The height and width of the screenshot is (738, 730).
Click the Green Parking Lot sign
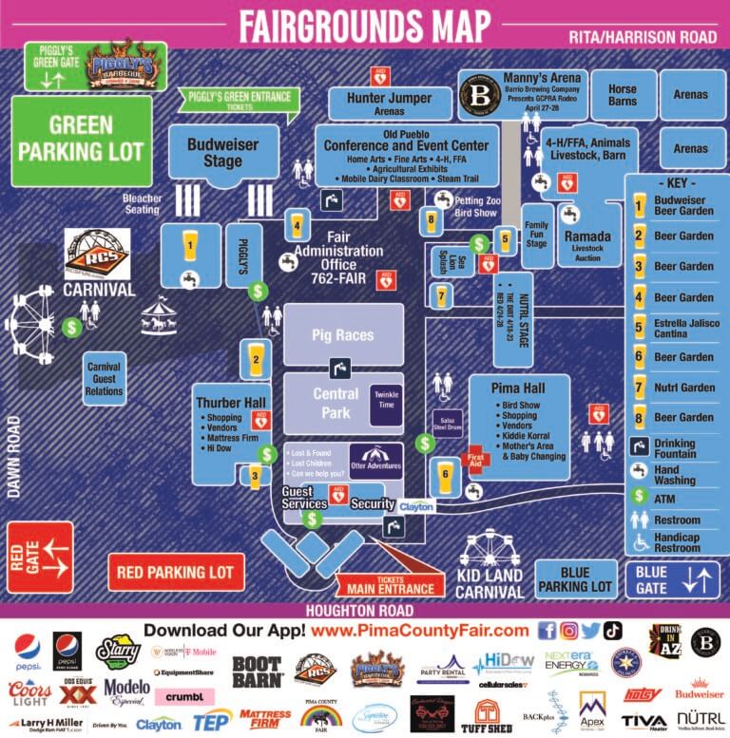[x=82, y=139]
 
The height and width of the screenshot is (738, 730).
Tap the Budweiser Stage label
[x=223, y=152]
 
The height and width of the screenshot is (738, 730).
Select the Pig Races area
[x=342, y=335]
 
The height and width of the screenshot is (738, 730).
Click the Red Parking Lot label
[x=175, y=573]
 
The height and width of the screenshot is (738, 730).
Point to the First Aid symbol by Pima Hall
[x=476, y=463]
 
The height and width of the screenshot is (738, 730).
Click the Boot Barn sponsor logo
[x=258, y=672]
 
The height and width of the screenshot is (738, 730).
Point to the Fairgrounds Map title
[x=365, y=26]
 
